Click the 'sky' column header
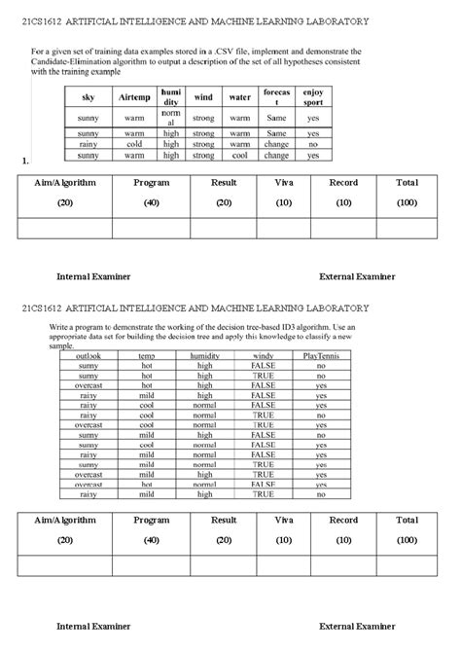(x=89, y=98)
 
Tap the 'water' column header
(x=239, y=98)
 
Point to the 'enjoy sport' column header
(x=313, y=98)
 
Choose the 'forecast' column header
(x=276, y=98)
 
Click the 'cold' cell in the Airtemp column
(x=134, y=144)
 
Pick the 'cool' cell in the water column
(x=239, y=155)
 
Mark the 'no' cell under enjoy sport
(x=313, y=144)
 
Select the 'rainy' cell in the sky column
(x=89, y=144)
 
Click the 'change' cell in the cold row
(x=276, y=144)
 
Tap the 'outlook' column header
(x=89, y=355)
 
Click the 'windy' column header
(x=263, y=355)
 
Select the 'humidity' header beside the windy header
(x=204, y=355)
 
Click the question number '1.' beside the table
(x=22, y=160)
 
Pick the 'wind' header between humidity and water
(x=204, y=98)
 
